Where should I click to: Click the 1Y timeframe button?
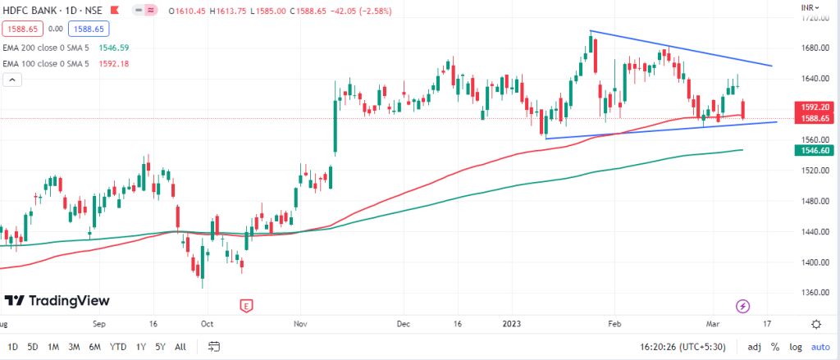pos(142,346)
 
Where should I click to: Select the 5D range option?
pos(32,346)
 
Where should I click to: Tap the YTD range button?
pos(119,346)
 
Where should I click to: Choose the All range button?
pos(180,346)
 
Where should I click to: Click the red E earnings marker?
pos(246,306)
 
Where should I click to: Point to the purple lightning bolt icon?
pos(743,306)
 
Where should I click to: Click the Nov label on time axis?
pos(299,323)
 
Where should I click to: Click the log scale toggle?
pos(794,346)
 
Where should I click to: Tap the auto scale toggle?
pos(819,346)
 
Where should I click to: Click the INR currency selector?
pos(809,7)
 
